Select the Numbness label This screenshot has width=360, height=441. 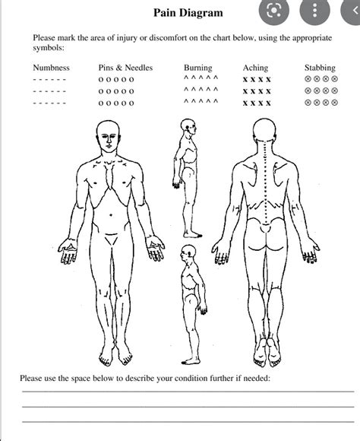[x=51, y=68]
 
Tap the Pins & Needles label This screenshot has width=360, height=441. [x=125, y=68]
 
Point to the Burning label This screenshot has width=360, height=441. [x=197, y=68]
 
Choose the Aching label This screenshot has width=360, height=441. [x=256, y=68]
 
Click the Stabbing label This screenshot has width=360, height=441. [x=320, y=68]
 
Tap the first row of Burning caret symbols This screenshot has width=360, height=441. [x=201, y=78]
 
